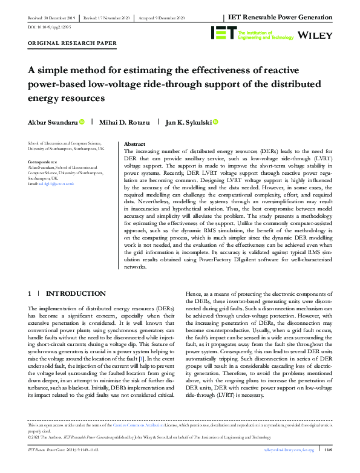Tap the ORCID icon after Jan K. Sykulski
coord(215,122)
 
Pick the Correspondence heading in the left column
coord(44,162)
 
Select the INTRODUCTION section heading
coord(76,294)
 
